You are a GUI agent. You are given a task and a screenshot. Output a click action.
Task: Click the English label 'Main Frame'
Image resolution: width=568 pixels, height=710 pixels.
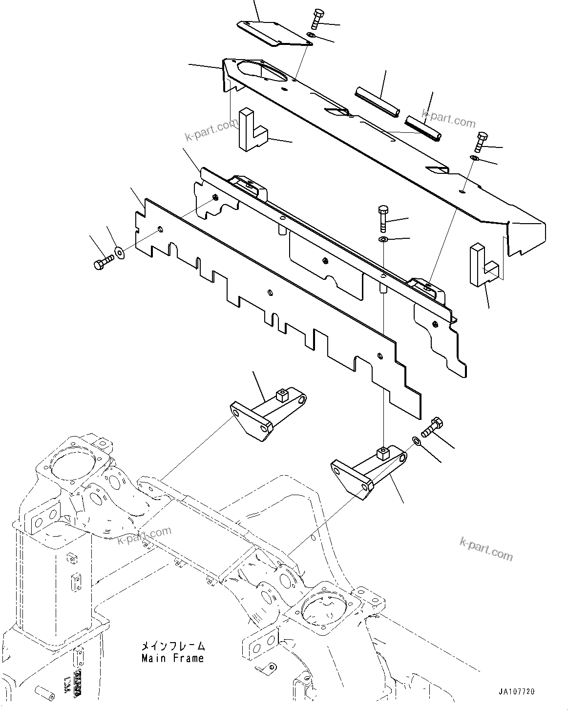[172, 658]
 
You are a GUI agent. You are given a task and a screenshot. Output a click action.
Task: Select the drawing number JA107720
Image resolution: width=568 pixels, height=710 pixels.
[517, 692]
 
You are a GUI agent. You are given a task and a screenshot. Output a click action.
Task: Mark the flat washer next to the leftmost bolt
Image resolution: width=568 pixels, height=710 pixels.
[119, 253]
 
